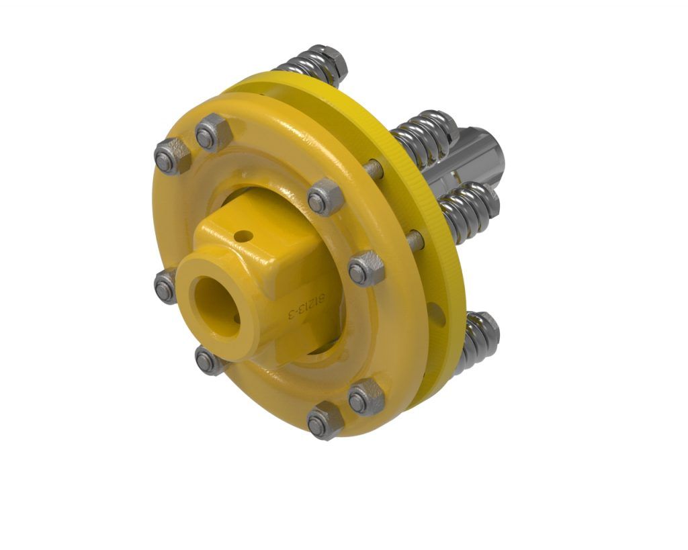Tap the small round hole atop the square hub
click(244, 236)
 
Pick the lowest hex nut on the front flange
click(325, 422)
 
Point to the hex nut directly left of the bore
click(165, 287)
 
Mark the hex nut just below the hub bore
click(209, 361)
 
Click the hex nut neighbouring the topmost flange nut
click(172, 156)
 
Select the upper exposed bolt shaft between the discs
click(374, 169)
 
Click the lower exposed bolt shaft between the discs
click(415, 238)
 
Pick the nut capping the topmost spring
click(331, 58)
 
